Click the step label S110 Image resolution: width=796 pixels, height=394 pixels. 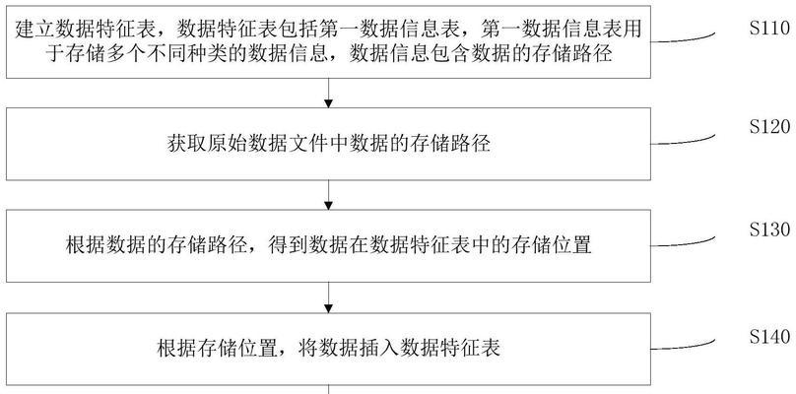[x=769, y=29]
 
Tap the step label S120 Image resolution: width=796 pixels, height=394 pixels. [x=769, y=127]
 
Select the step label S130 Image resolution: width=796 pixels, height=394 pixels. [x=769, y=230]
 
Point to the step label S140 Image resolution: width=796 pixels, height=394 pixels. [x=769, y=337]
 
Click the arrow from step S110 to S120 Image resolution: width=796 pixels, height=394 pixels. [x=328, y=93]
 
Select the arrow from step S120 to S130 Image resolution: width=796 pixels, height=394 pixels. [x=328, y=195]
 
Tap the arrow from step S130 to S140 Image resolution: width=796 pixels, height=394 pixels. [x=328, y=297]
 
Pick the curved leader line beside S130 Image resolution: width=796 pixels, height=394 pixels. [x=683, y=242]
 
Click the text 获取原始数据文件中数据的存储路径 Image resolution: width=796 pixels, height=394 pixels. [x=328, y=144]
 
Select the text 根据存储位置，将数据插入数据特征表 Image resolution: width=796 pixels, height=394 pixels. [x=328, y=349]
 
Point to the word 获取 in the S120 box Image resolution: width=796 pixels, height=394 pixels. [x=187, y=144]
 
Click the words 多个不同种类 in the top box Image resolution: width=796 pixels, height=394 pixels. [x=166, y=53]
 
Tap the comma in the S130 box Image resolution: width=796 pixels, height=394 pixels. [x=252, y=251]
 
